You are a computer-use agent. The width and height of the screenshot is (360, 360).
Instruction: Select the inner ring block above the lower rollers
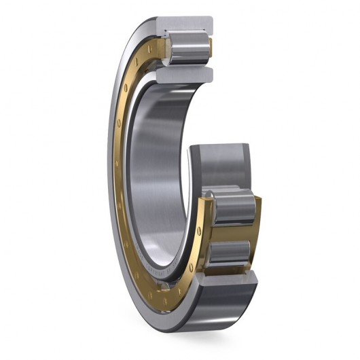tap(224, 163)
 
